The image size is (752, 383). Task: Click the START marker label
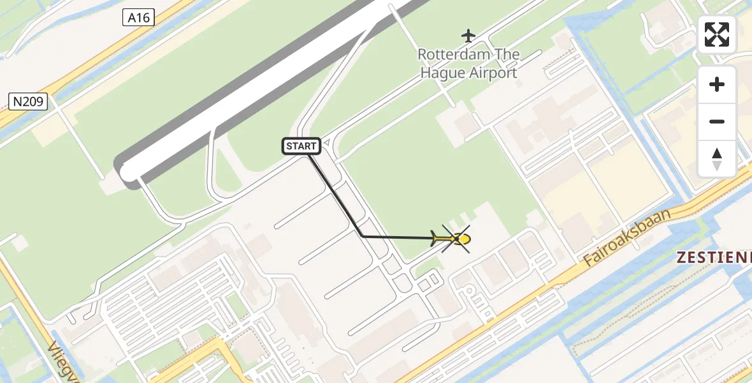[x=301, y=146]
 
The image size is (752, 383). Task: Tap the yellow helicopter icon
[x=454, y=239]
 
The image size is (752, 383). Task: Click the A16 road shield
[x=139, y=17]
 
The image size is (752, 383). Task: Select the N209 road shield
[x=29, y=100]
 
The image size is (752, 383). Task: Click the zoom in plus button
[x=717, y=84]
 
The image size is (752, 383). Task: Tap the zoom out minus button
[x=717, y=121]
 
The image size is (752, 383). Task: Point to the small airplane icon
[x=468, y=34]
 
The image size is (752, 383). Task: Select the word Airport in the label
[x=493, y=73]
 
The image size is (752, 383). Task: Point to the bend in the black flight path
[x=363, y=236]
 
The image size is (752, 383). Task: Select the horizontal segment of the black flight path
[x=398, y=237]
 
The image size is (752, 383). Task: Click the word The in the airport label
[x=507, y=55]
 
